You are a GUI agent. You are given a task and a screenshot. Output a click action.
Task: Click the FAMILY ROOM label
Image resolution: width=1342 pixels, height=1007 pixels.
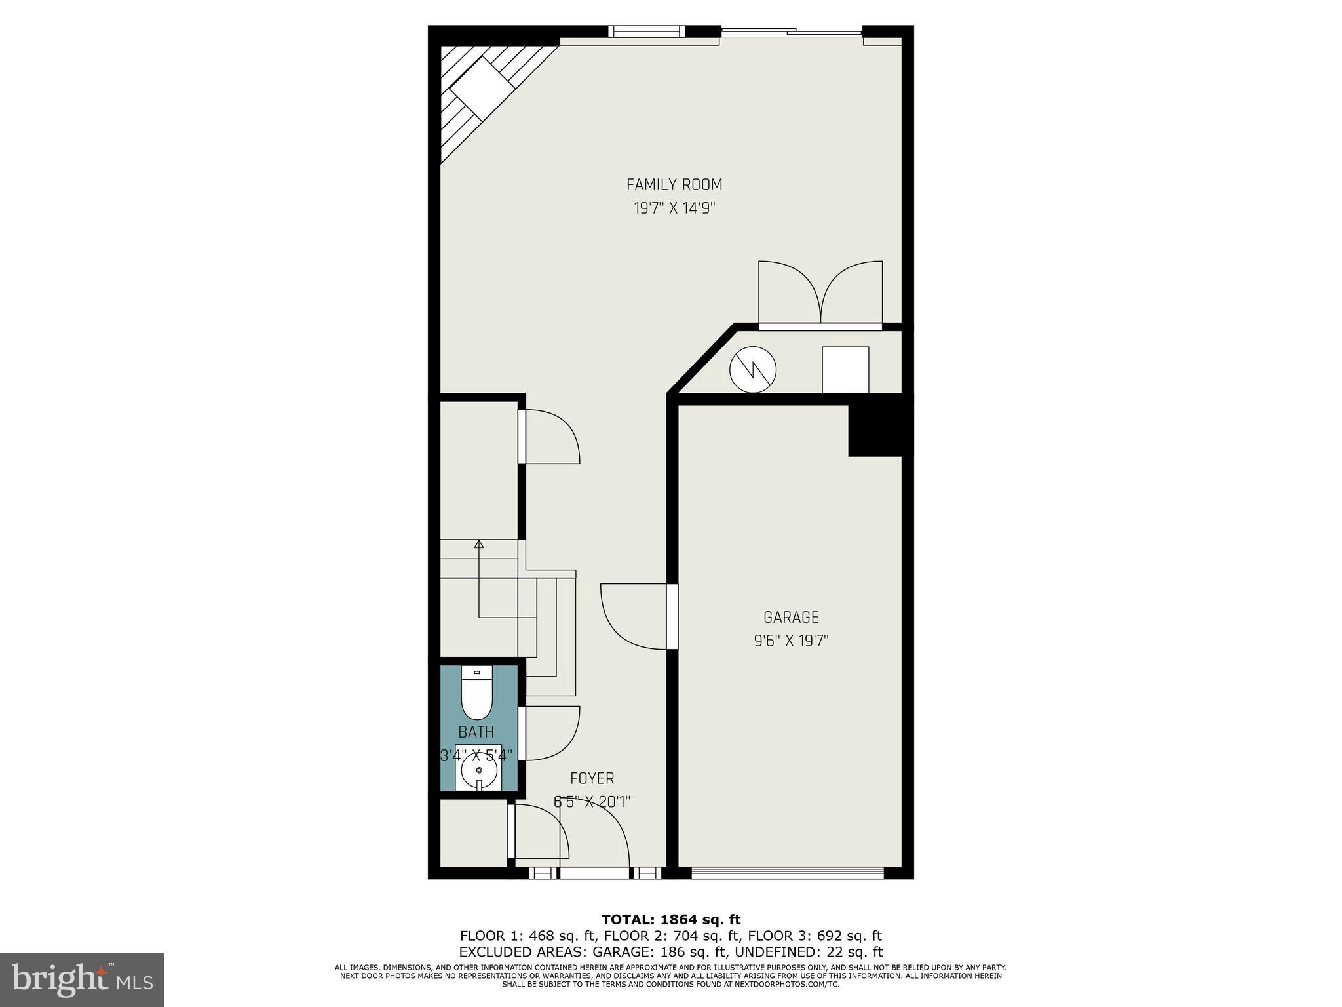(x=674, y=185)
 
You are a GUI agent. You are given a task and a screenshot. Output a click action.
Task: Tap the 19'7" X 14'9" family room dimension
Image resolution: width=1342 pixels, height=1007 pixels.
(x=674, y=208)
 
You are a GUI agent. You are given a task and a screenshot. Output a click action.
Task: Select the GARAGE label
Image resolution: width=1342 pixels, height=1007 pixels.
(x=791, y=617)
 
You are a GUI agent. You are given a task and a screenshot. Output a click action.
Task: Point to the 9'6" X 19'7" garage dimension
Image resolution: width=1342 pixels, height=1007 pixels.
(x=791, y=641)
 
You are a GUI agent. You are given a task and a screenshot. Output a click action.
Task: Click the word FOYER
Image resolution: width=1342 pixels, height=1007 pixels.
(x=592, y=778)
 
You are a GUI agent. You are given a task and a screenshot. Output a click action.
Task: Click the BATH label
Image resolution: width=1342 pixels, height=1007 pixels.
(x=476, y=732)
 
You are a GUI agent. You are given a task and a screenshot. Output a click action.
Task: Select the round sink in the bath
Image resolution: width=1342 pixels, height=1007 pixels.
(x=479, y=770)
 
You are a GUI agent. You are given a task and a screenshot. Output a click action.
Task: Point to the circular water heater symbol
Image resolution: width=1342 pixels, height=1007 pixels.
(x=753, y=369)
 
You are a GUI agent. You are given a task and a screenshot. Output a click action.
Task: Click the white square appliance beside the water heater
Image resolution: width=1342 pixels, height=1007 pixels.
(x=845, y=370)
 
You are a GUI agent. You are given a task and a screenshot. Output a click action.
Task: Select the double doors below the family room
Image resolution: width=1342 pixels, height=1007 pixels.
(x=820, y=292)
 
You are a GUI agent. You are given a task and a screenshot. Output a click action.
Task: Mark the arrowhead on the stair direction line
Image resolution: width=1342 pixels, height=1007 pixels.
(x=479, y=543)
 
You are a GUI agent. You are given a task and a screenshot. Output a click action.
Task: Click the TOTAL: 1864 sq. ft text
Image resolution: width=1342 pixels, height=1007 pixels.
(x=670, y=920)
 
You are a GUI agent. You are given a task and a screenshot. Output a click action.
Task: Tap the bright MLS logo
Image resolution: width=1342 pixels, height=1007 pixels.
(x=82, y=979)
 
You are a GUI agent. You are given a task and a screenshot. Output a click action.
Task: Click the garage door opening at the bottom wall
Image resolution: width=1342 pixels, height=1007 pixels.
(x=787, y=873)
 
